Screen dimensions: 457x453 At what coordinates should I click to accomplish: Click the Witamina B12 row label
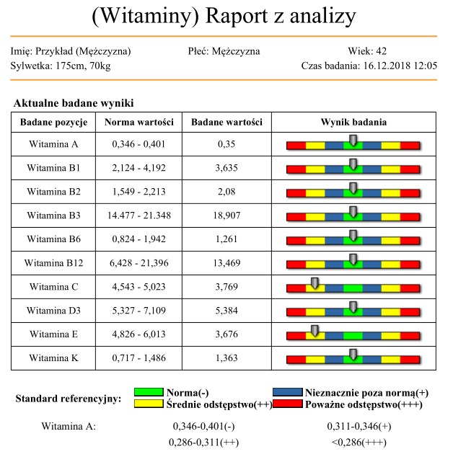pyautogui.click(x=54, y=263)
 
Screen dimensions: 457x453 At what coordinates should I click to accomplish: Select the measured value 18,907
pyautogui.click(x=227, y=216)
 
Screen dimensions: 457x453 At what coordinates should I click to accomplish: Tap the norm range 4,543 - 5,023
pyautogui.click(x=139, y=287)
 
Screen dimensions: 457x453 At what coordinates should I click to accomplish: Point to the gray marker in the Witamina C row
pyautogui.click(x=315, y=282)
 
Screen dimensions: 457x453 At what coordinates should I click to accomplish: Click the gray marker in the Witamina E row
pyautogui.click(x=315, y=330)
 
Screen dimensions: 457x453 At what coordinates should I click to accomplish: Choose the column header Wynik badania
pyautogui.click(x=353, y=122)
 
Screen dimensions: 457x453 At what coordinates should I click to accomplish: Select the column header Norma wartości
pyautogui.click(x=139, y=122)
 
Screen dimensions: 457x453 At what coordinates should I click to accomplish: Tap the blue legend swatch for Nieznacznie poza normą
pyautogui.click(x=288, y=393)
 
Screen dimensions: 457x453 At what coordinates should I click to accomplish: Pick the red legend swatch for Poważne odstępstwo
pyautogui.click(x=288, y=405)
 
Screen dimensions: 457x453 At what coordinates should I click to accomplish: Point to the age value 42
pyautogui.click(x=382, y=51)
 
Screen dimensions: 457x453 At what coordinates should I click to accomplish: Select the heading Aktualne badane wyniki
pyautogui.click(x=74, y=104)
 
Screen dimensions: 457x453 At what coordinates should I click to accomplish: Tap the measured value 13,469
pyautogui.click(x=227, y=263)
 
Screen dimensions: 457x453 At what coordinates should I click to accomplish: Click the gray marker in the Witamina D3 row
pyautogui.click(x=353, y=306)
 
